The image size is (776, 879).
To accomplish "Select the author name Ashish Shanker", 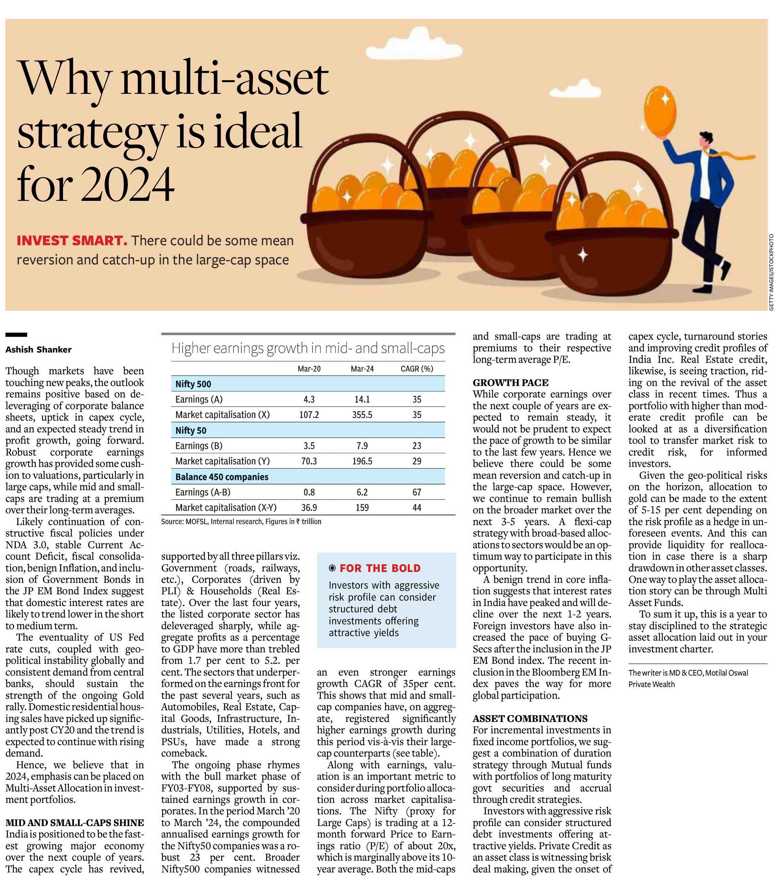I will (x=38, y=350).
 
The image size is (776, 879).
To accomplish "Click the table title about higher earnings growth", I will (x=308, y=348).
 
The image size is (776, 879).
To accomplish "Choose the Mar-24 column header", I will (x=362, y=369).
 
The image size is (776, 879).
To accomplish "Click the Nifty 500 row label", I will (x=193, y=384).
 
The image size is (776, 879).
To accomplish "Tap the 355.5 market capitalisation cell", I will (x=362, y=415).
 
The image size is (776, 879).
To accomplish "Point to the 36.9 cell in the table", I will (x=309, y=507).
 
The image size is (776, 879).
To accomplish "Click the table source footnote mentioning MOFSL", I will (x=241, y=522).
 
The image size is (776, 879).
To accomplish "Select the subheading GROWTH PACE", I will (x=511, y=383).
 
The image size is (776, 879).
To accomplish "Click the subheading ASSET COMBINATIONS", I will (x=530, y=718).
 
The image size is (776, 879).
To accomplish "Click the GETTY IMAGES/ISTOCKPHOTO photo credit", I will (x=771, y=272).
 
